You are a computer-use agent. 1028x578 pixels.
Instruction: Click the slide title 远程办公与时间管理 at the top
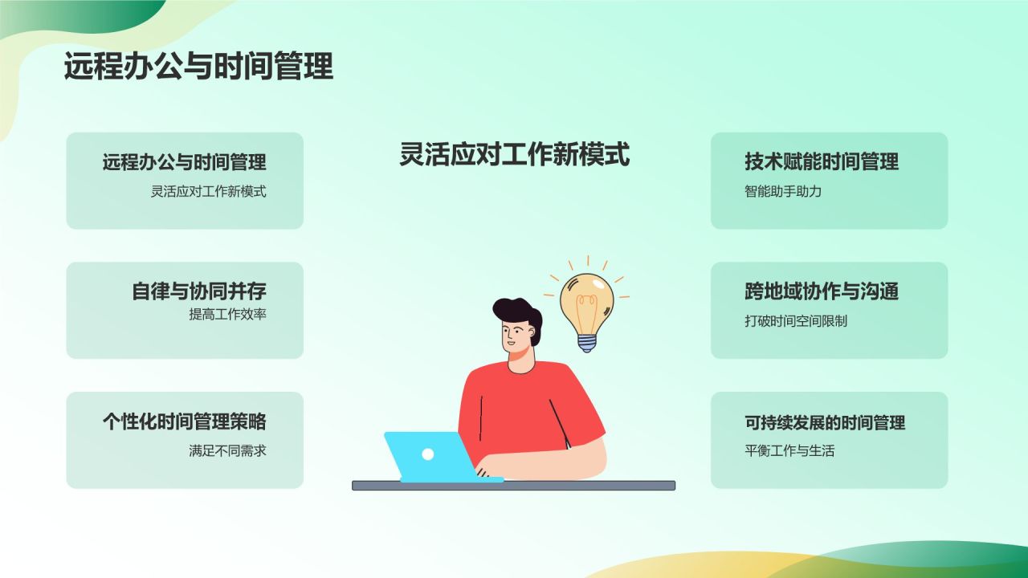point(198,67)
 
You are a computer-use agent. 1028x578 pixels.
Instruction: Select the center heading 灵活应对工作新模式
point(514,154)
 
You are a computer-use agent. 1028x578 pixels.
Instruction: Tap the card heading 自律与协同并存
point(198,291)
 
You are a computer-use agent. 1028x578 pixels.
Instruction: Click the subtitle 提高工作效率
point(227,314)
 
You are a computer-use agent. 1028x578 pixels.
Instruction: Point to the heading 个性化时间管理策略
point(184,421)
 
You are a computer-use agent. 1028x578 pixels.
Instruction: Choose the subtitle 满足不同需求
point(227,450)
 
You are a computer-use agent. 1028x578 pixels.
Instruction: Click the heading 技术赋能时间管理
point(822,161)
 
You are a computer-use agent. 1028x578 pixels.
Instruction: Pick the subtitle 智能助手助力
point(783,192)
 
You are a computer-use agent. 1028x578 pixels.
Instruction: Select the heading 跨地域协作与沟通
point(822,291)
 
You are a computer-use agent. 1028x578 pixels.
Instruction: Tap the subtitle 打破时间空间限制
point(796,321)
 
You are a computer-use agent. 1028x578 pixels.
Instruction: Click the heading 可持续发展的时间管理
point(825,422)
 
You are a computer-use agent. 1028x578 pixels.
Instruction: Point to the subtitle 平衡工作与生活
point(789,451)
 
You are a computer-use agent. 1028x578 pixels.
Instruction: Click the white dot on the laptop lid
point(428,454)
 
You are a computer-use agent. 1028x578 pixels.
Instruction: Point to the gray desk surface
point(578,486)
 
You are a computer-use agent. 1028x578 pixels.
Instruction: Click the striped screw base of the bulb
point(588,343)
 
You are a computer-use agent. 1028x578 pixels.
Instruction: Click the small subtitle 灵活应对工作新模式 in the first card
point(208,192)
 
